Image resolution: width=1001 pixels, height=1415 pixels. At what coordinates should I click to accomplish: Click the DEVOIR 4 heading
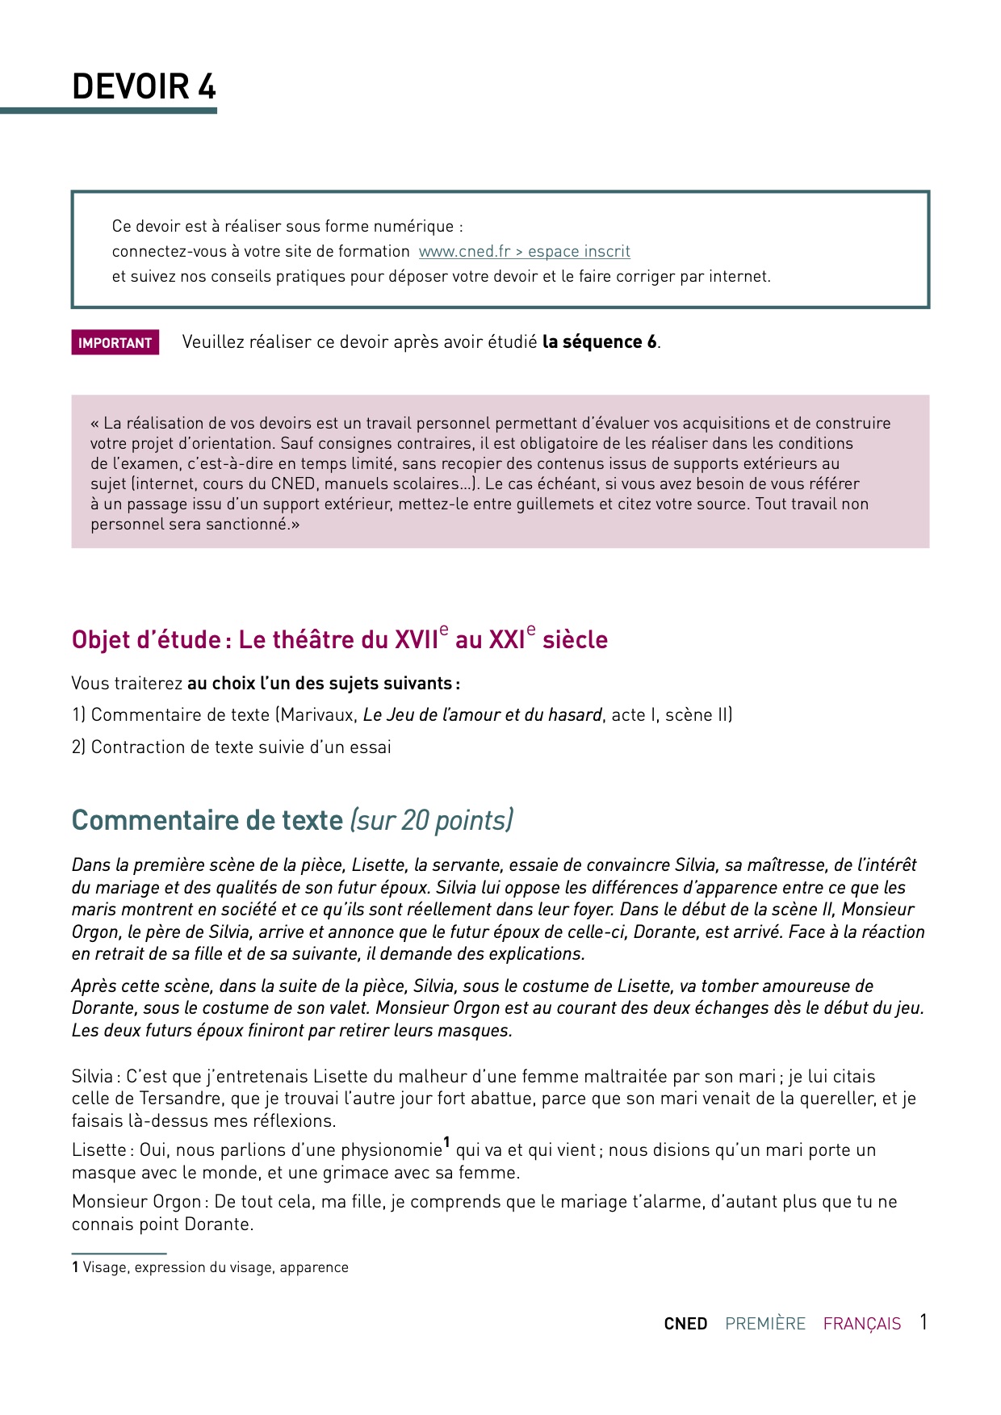(144, 86)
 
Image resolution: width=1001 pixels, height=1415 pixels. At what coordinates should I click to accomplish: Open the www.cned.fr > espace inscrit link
(524, 251)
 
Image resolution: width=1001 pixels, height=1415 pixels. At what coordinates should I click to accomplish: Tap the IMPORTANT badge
(115, 342)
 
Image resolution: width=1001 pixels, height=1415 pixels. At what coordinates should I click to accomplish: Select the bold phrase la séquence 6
(599, 341)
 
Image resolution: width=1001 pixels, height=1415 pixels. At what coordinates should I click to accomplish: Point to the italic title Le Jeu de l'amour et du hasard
(482, 715)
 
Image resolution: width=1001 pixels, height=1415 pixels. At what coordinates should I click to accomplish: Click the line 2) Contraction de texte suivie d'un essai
(231, 747)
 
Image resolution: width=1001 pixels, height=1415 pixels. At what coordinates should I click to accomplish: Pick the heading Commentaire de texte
(207, 820)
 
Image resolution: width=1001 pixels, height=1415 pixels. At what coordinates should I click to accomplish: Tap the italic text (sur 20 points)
(431, 820)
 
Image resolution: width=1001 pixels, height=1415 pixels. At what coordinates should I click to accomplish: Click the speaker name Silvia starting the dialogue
(93, 1077)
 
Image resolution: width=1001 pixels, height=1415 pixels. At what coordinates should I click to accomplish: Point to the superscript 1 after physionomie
(446, 1143)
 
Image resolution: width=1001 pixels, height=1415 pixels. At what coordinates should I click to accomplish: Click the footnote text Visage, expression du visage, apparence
(216, 1267)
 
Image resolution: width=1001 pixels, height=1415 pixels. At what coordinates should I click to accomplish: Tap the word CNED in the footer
(685, 1324)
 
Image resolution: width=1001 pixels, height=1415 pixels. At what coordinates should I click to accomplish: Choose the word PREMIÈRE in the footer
(765, 1324)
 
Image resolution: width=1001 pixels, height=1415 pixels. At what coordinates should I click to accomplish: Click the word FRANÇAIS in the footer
(861, 1324)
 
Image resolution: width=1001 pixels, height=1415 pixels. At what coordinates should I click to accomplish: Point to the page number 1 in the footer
(924, 1322)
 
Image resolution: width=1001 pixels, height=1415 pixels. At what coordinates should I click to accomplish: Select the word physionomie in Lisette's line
(392, 1150)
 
